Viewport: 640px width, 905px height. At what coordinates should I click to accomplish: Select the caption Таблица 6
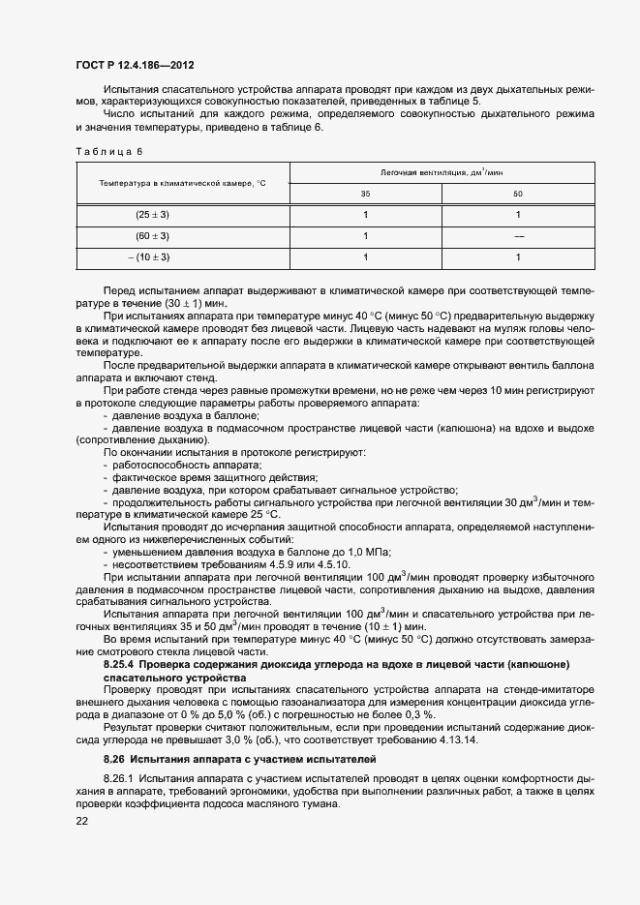point(108,152)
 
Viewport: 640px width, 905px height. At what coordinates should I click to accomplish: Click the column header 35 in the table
point(365,194)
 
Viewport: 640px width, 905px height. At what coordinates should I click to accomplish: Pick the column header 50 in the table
point(518,194)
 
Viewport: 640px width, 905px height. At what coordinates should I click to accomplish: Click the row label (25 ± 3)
point(152,215)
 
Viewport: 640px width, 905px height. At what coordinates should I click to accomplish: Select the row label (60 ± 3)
point(152,236)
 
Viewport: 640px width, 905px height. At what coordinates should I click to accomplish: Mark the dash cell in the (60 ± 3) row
point(518,236)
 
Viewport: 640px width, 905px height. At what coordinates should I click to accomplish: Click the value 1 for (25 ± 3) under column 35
point(365,215)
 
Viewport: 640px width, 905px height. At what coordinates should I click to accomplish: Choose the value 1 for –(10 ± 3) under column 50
point(518,257)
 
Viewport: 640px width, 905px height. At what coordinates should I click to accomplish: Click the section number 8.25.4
point(124,663)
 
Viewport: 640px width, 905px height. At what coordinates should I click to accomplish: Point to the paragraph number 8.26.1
point(119,779)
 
